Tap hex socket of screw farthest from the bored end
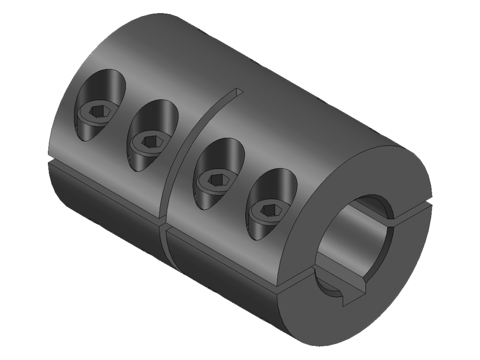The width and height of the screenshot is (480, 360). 98,110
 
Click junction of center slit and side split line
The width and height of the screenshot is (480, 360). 163,224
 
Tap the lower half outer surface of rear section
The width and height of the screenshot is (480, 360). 103,202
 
